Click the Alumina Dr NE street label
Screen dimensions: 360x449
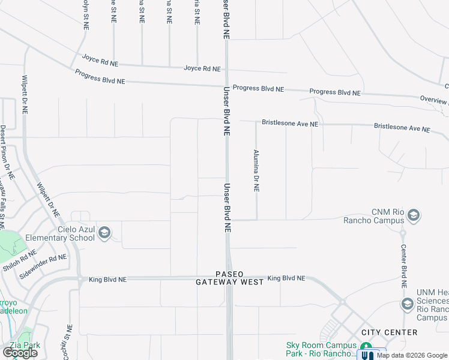(x=256, y=170)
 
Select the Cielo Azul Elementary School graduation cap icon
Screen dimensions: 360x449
(x=104, y=233)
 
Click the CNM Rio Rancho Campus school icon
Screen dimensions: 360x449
(x=413, y=215)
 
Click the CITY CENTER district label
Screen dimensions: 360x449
(x=389, y=332)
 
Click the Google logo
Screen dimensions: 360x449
(x=20, y=353)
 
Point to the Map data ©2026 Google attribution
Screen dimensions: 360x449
(x=412, y=355)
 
